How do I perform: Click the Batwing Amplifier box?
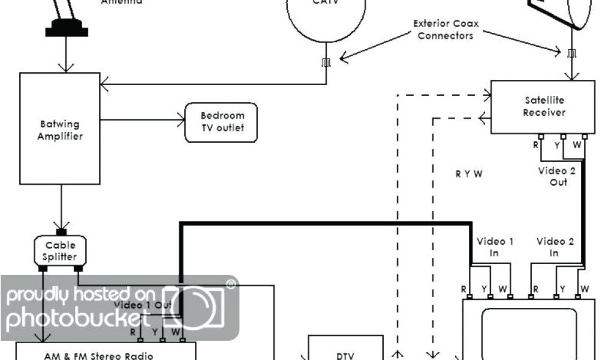click(x=59, y=128)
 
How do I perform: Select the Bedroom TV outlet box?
click(x=222, y=122)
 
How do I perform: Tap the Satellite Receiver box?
click(x=543, y=106)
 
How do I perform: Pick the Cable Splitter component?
click(x=60, y=251)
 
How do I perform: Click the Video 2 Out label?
click(x=556, y=176)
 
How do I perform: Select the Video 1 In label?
click(x=495, y=247)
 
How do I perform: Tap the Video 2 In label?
click(x=555, y=247)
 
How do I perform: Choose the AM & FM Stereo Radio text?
click(x=98, y=355)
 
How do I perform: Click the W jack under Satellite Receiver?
click(x=585, y=136)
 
